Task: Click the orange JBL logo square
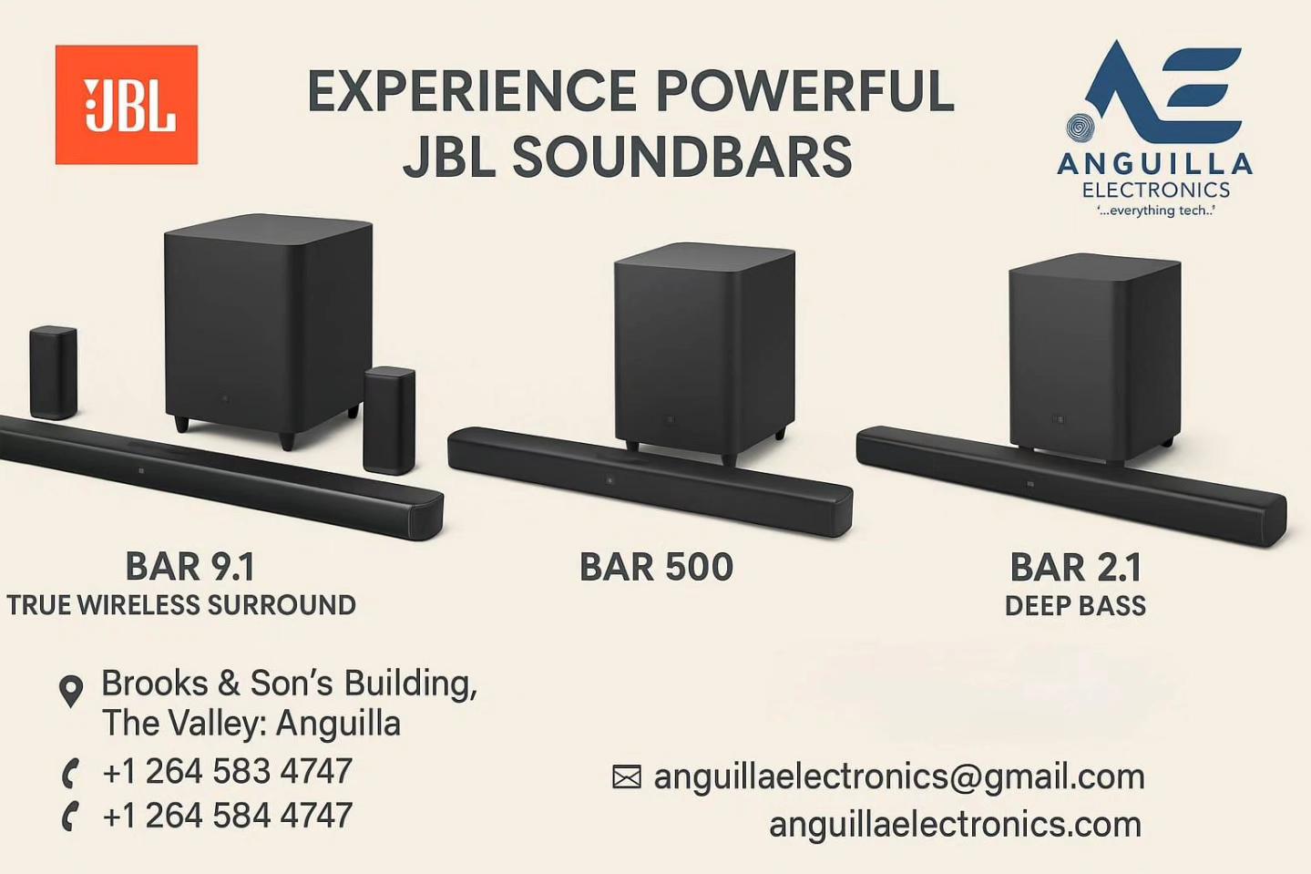[127, 105]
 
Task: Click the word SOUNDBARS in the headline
[682, 157]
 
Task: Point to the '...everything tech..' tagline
[1155, 211]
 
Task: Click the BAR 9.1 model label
[190, 567]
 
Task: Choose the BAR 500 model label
[656, 567]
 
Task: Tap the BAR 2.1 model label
[1076, 567]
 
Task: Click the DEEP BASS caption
[1075, 606]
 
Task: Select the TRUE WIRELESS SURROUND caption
[181, 605]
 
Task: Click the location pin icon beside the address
[71, 691]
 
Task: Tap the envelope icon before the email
[627, 776]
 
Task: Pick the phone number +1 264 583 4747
[227, 771]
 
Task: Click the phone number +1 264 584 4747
[227, 816]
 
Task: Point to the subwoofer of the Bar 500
[704, 351]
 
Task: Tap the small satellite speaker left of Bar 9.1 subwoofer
[53, 373]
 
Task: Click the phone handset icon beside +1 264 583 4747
[70, 774]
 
